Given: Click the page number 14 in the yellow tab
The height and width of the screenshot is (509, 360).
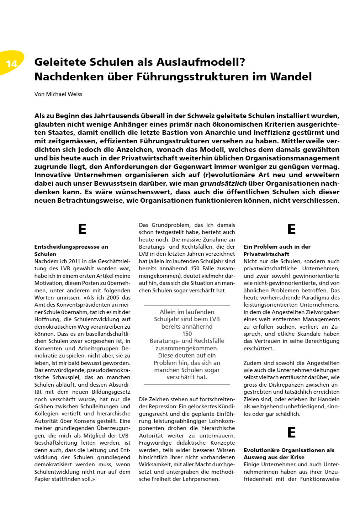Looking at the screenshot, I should point(12,64).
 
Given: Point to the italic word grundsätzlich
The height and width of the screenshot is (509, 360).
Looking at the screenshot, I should point(223,184).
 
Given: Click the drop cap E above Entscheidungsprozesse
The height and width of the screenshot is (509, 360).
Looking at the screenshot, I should point(82,229).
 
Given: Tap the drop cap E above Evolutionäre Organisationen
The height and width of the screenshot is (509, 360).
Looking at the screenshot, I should point(291,433).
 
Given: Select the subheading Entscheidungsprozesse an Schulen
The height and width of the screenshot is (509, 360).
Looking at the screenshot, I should point(71,250).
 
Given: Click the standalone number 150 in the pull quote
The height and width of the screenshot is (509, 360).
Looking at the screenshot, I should point(187,334).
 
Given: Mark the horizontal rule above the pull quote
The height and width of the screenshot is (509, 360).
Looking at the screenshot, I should point(187,305).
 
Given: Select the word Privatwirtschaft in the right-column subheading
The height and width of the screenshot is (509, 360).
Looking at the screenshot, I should point(266,254).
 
